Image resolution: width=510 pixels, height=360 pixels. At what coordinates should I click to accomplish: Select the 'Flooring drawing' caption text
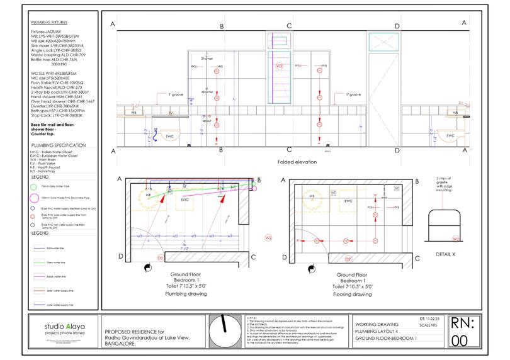353,293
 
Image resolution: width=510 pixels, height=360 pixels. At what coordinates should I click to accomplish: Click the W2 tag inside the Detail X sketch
455,239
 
